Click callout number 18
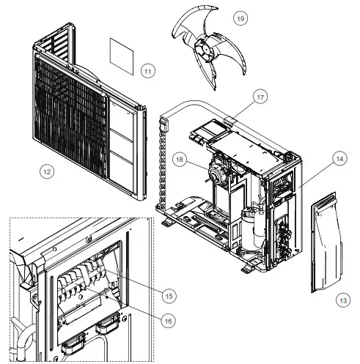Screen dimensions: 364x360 click(177, 157)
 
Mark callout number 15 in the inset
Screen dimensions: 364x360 click(168, 296)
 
